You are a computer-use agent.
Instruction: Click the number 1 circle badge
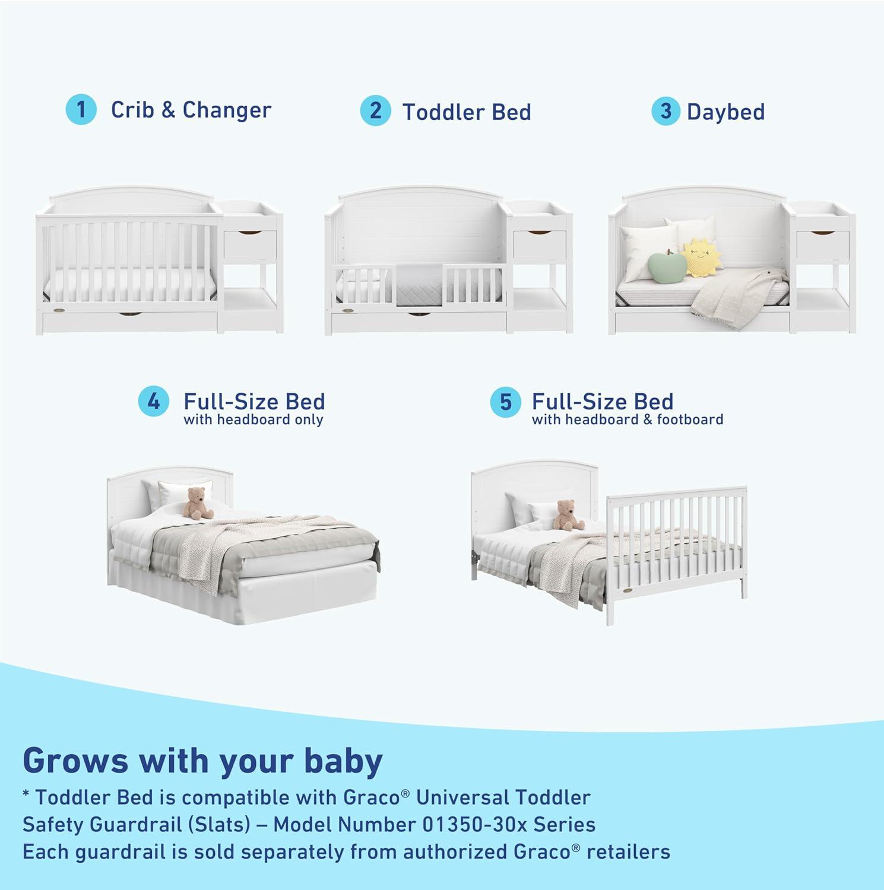click(81, 110)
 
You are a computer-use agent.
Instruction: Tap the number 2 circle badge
click(375, 111)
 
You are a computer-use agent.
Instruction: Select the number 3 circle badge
click(666, 111)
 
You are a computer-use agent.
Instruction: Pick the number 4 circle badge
click(154, 402)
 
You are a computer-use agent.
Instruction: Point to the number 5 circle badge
click(505, 402)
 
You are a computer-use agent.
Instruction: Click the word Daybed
click(725, 112)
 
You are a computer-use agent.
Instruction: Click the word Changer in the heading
click(227, 110)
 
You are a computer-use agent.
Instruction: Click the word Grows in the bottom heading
click(75, 761)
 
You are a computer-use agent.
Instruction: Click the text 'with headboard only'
click(254, 420)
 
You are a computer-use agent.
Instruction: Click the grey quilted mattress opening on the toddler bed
click(419, 284)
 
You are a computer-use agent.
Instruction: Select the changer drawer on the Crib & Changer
click(250, 244)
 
